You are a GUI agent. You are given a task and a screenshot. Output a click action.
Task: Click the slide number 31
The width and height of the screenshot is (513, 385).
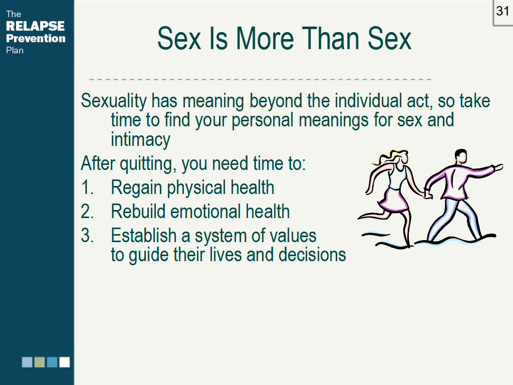(x=502, y=11)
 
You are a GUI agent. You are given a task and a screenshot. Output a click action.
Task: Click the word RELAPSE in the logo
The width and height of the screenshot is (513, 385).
(x=35, y=26)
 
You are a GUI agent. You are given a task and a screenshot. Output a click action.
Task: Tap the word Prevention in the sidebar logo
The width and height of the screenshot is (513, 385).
(x=36, y=38)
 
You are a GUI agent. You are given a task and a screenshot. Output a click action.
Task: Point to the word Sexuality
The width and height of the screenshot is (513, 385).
(x=114, y=101)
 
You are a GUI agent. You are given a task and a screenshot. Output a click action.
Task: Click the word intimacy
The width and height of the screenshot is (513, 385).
(x=140, y=139)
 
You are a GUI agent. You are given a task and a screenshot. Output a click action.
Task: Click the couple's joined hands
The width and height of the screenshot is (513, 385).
(x=427, y=192)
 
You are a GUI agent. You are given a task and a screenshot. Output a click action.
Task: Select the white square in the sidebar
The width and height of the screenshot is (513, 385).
(x=64, y=362)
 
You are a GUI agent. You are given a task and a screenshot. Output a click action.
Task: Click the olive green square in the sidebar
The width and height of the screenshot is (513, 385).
(x=40, y=362)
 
